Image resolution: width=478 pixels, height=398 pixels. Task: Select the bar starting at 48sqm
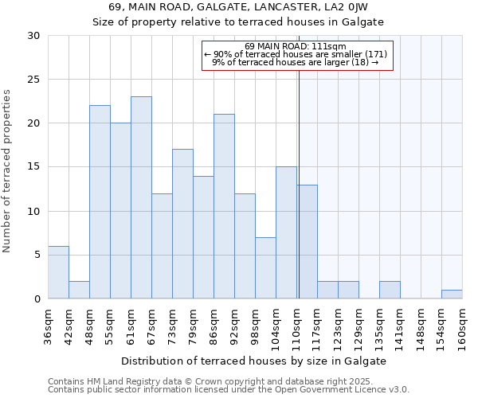click(x=100, y=202)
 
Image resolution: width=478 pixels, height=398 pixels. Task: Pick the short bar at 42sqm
click(x=79, y=290)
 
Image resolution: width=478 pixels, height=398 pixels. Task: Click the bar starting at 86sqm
click(x=224, y=206)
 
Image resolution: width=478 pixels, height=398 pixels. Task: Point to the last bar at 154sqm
click(x=452, y=295)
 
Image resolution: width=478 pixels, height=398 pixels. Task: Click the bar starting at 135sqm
click(x=390, y=290)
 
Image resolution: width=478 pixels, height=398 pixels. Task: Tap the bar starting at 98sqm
click(x=265, y=267)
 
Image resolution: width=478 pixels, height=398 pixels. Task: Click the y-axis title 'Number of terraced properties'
click(x=7, y=170)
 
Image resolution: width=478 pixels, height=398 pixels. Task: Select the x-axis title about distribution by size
click(x=255, y=361)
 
